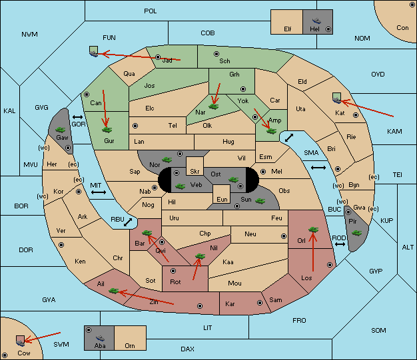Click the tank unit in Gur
107,130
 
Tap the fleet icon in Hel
316,21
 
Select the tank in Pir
356,233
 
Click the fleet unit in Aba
100,338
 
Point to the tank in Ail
113,291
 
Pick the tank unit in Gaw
60,130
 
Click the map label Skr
195,172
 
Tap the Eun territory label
222,199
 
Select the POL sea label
151,11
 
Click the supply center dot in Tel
135,125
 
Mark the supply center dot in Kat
356,115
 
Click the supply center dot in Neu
284,236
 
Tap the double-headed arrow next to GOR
78,117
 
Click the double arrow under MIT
99,192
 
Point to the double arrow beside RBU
128,222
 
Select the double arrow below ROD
340,244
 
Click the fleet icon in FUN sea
94,51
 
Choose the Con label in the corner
402,28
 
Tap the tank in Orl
313,230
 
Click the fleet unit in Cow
20,341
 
